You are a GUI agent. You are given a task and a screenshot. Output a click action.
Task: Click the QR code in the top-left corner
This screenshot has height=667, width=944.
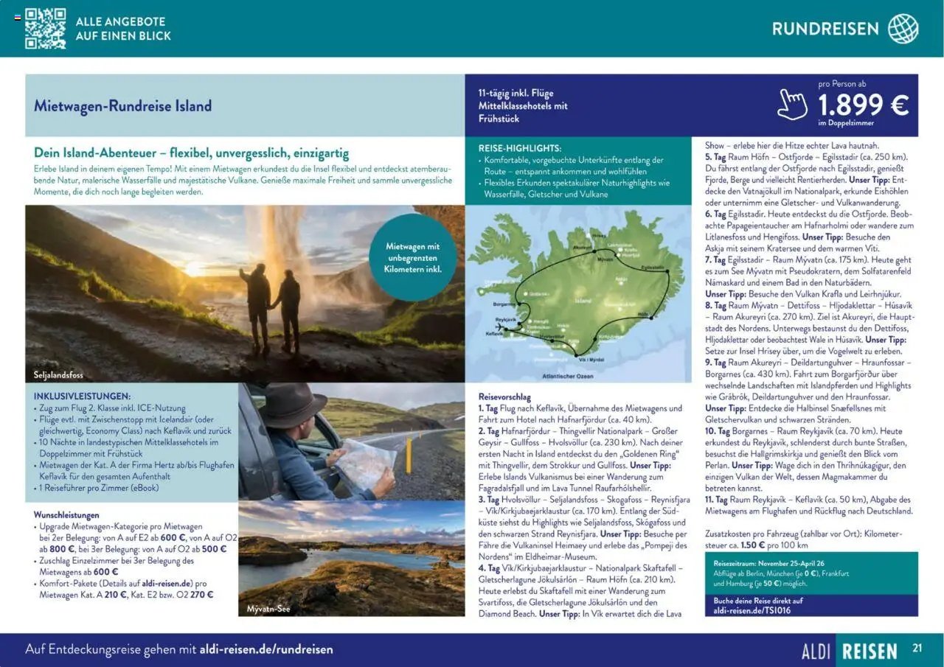coord(45,28)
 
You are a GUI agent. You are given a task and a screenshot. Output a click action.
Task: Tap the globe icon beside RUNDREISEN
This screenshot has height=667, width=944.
coord(903,29)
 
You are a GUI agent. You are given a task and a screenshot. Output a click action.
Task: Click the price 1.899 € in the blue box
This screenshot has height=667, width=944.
coord(862,105)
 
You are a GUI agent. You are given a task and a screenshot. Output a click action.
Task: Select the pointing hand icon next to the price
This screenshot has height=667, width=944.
coord(792,105)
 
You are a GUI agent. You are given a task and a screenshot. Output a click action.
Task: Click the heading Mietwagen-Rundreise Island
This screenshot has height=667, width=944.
coord(122,105)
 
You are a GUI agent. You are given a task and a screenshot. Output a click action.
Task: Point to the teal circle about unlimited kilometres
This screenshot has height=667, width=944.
coord(412,257)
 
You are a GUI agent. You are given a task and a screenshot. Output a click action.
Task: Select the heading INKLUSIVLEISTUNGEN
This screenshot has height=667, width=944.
coord(82,396)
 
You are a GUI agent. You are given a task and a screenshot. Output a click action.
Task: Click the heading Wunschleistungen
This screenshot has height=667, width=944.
coord(66,514)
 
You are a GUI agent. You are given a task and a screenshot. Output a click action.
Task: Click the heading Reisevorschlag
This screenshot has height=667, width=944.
coord(505,396)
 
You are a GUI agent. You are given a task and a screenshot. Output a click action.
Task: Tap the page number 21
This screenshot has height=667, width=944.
coord(917,649)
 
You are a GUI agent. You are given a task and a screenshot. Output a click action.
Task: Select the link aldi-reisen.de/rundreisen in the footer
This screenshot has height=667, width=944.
coord(266,649)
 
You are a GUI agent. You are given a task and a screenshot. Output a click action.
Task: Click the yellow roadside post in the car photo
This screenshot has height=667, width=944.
coord(407,455)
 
